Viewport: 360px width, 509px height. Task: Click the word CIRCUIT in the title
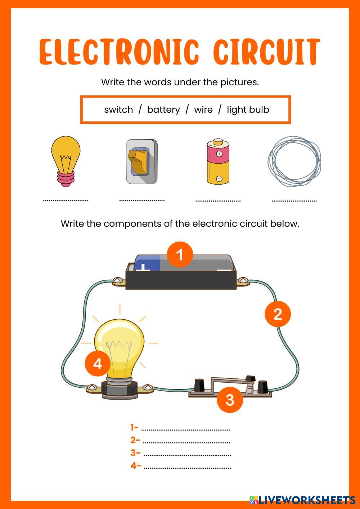click(267, 51)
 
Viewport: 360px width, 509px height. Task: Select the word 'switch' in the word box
click(118, 109)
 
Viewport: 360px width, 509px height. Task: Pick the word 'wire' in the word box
click(203, 110)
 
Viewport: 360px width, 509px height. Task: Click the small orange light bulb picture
click(66, 161)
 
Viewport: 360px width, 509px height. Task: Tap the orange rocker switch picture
click(142, 162)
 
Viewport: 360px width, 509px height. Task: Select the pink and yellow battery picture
click(218, 161)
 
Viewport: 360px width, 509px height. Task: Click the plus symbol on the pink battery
click(219, 154)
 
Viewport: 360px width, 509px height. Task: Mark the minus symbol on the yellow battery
click(219, 179)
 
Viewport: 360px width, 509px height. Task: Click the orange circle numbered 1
click(180, 254)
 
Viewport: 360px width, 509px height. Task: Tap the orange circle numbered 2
click(278, 314)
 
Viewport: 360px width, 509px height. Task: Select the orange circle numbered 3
click(230, 400)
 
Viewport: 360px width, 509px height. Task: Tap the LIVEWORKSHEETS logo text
click(307, 500)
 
